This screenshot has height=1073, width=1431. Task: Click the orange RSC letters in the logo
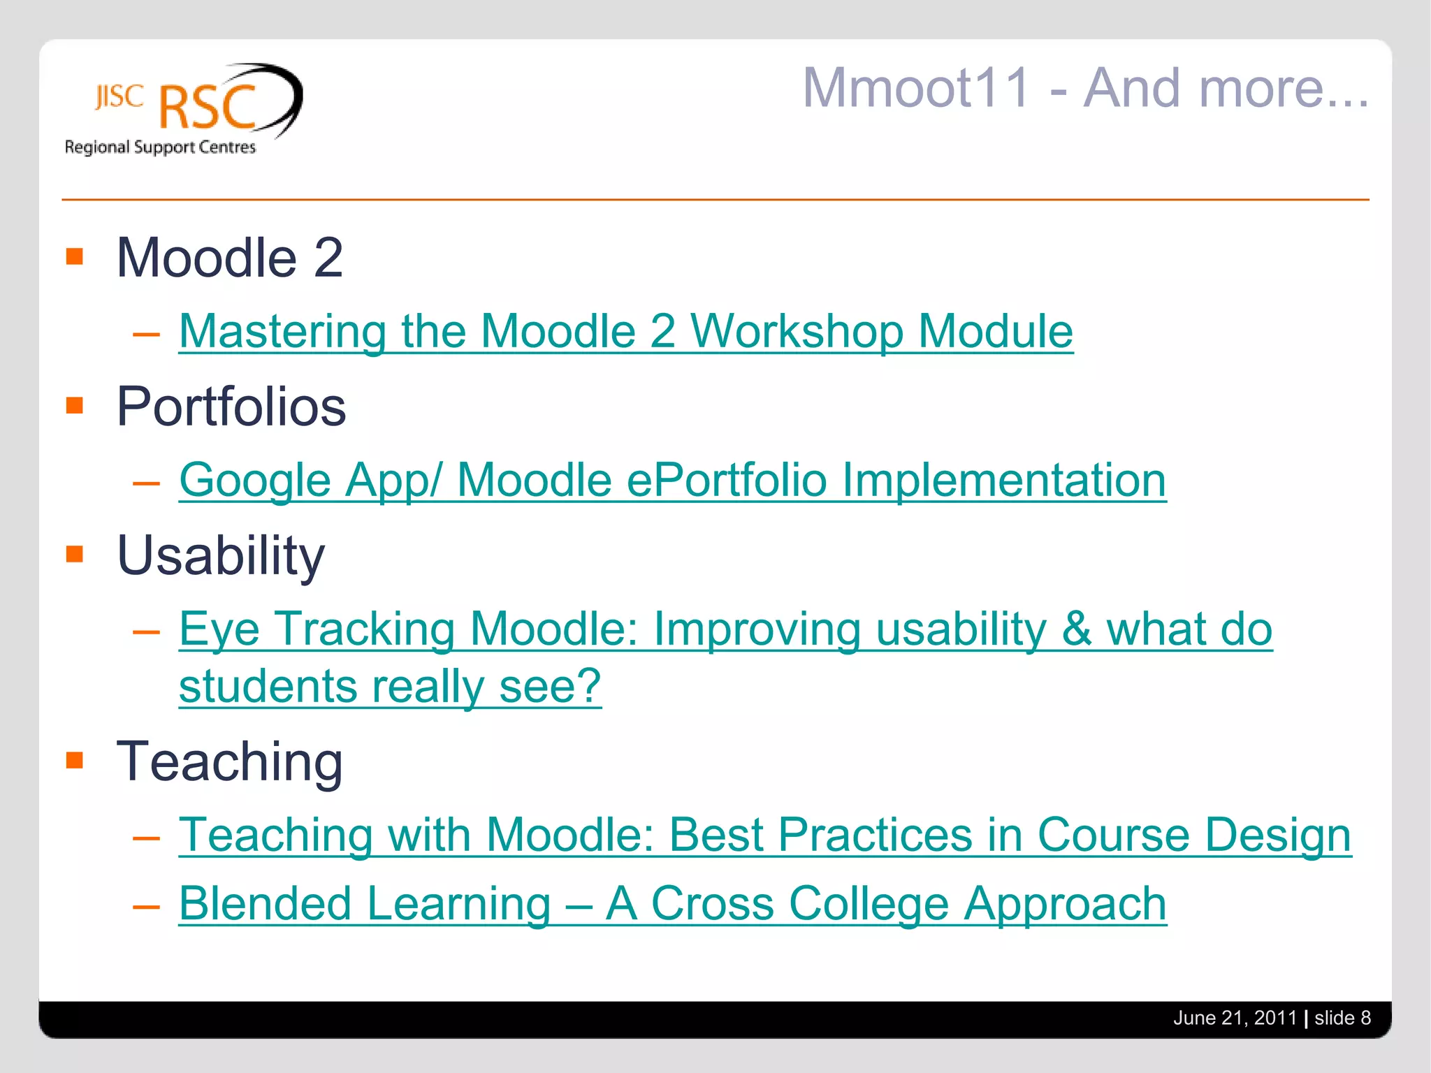[208, 108]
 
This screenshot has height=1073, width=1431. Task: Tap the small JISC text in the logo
[119, 97]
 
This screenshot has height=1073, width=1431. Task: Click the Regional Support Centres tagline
[160, 147]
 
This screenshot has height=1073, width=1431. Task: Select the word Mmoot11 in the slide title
[916, 88]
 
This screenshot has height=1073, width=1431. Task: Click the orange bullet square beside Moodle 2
[75, 256]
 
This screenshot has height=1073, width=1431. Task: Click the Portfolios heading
[231, 407]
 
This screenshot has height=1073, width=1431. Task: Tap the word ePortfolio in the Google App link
[727, 480]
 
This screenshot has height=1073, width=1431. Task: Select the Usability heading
[220, 555]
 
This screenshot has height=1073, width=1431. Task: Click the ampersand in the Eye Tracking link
[1076, 629]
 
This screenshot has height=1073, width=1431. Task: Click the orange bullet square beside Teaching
[75, 759]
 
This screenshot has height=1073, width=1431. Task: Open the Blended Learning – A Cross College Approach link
[672, 903]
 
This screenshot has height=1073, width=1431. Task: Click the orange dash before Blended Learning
[147, 907]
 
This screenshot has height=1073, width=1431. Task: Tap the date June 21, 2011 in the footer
[1234, 1018]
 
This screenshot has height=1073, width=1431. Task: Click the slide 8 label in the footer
[1342, 1018]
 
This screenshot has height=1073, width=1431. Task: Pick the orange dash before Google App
[147, 483]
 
